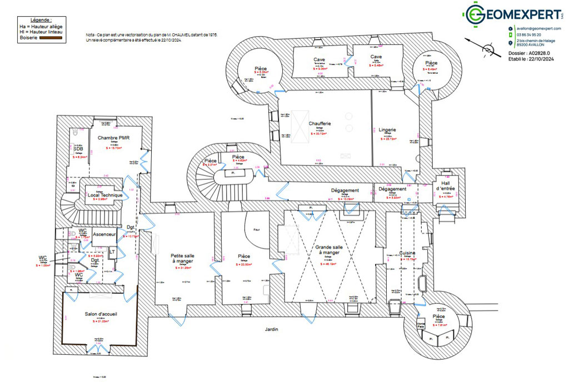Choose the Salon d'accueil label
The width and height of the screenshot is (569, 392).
pos(101,314)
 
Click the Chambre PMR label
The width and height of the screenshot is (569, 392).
pos(113,138)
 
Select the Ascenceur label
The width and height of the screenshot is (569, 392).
pos(103,234)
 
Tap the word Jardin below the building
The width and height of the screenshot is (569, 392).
pos(271,329)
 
